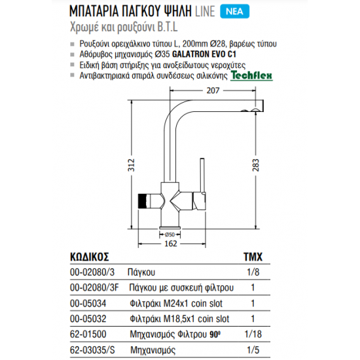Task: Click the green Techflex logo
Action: click(248, 76)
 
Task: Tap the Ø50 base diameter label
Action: click(169, 234)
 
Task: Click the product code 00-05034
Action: click(86, 303)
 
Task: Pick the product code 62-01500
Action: click(86, 334)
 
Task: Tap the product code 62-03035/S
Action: click(91, 350)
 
